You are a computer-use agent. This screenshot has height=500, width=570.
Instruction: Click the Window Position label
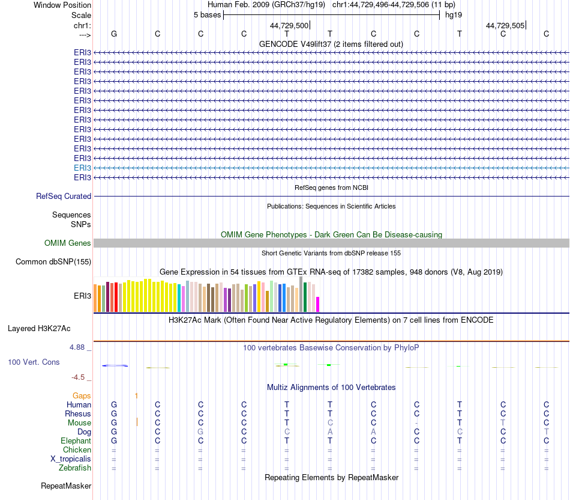tap(62, 5)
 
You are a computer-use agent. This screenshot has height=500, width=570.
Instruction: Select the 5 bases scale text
tap(207, 14)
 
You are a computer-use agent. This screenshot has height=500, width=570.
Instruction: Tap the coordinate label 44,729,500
tap(289, 25)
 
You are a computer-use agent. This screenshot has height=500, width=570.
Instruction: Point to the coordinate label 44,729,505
tap(505, 25)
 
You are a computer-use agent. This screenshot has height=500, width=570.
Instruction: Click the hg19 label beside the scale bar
tap(453, 14)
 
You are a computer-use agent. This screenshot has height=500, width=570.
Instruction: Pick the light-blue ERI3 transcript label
tap(82, 168)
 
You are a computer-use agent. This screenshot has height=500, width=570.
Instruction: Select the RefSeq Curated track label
tap(64, 196)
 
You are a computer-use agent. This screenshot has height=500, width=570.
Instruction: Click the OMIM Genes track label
tap(68, 243)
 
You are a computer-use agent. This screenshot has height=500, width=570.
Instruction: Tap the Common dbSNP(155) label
tap(53, 261)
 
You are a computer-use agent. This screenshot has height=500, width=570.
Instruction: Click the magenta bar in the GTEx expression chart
tap(318, 304)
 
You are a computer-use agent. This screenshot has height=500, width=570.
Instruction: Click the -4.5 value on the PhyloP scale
tap(78, 377)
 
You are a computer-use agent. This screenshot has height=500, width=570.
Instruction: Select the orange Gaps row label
tap(82, 395)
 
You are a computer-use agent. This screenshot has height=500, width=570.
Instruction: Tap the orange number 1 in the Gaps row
tap(137, 395)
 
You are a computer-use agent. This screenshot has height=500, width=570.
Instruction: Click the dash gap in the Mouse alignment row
tap(416, 423)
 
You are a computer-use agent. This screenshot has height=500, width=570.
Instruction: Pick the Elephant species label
tap(76, 441)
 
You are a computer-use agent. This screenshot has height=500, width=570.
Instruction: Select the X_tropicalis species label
tap(71, 459)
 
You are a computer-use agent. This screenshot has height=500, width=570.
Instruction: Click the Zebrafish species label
tap(75, 468)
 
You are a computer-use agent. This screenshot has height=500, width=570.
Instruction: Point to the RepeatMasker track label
tap(66, 485)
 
